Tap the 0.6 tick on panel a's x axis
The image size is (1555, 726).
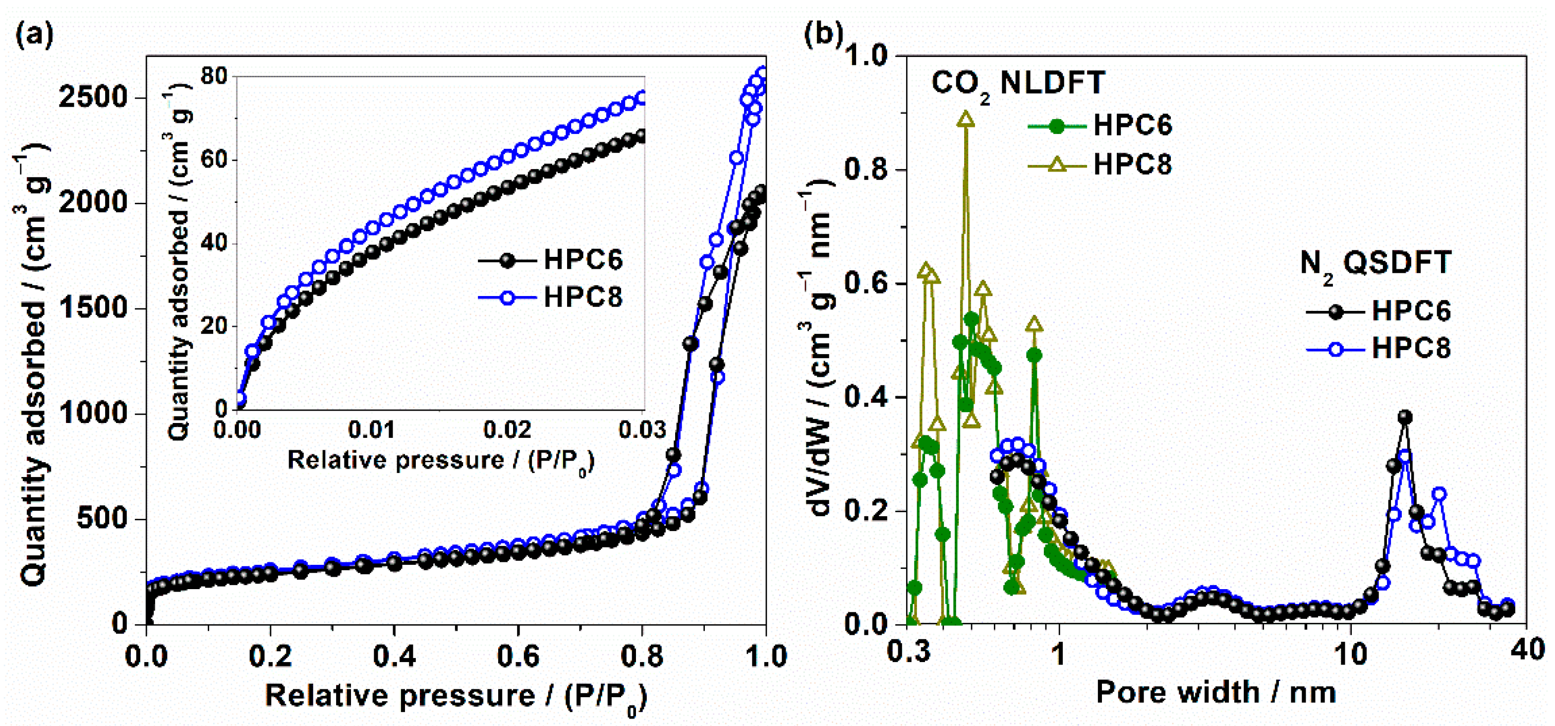(518, 657)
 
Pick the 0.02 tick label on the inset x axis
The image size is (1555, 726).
(507, 429)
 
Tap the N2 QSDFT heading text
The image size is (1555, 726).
(1375, 264)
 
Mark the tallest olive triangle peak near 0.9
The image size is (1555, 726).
(966, 119)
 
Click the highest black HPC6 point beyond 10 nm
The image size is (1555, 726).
(1405, 417)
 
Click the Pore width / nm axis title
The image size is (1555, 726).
(1215, 692)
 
